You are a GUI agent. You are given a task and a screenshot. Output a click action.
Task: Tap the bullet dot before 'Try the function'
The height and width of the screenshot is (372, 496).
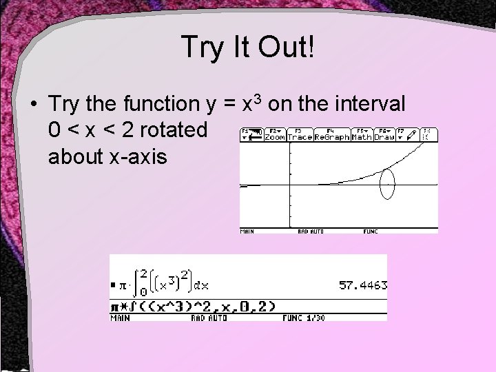tap(33, 105)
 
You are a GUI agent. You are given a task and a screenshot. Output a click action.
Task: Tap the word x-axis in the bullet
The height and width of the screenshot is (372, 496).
tap(137, 156)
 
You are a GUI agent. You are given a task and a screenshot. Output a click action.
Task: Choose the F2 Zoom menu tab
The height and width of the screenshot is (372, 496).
tap(275, 134)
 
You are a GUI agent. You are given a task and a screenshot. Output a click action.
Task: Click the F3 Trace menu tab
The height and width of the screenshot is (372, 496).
tap(299, 134)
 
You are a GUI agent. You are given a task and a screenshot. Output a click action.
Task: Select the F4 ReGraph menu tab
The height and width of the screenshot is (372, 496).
tap(332, 134)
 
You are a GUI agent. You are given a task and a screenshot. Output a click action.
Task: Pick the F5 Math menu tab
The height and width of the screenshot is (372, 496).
tap(362, 134)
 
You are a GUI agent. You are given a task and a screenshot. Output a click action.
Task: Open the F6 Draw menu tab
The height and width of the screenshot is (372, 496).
tap(384, 134)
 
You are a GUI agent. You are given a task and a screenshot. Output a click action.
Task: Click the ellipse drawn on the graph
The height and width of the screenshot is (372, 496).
tap(388, 184)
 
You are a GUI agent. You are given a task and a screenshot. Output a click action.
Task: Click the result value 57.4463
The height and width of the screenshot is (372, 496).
tap(362, 285)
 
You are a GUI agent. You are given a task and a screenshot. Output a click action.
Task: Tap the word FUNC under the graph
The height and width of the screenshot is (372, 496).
tap(371, 231)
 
